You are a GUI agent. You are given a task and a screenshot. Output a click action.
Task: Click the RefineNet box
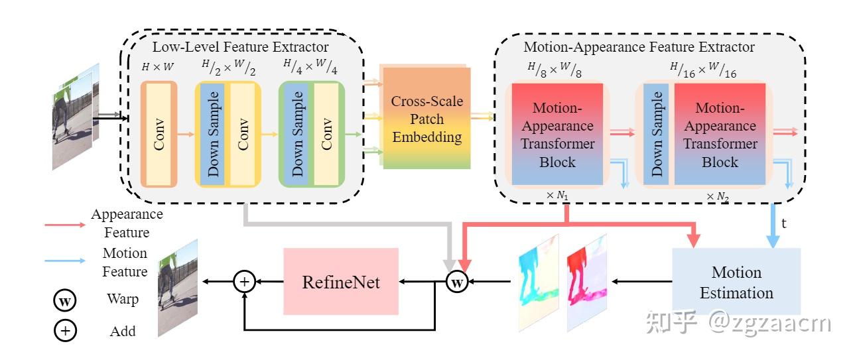[341, 282]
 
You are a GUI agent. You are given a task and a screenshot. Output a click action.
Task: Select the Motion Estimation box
[736, 282]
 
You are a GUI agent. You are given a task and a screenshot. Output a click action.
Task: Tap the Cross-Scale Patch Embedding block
[426, 119]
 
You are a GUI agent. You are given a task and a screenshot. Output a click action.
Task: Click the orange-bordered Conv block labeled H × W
[159, 133]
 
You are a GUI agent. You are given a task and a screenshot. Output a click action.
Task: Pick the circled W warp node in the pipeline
[457, 282]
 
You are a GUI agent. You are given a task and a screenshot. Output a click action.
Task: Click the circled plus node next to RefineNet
[244, 282]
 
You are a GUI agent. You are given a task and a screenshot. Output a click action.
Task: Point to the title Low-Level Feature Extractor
[240, 47]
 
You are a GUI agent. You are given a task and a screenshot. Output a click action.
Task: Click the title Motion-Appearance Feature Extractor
[639, 47]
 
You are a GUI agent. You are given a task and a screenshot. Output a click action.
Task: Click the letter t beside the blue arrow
[783, 223]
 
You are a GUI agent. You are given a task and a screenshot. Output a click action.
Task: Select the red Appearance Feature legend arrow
[64, 225]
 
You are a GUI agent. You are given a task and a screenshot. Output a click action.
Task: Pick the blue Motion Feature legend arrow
[64, 261]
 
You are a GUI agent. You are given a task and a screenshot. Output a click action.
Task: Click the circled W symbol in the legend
[65, 300]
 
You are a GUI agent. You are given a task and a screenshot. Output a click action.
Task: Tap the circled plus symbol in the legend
[65, 331]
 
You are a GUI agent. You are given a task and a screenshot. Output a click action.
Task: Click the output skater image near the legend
[178, 288]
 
